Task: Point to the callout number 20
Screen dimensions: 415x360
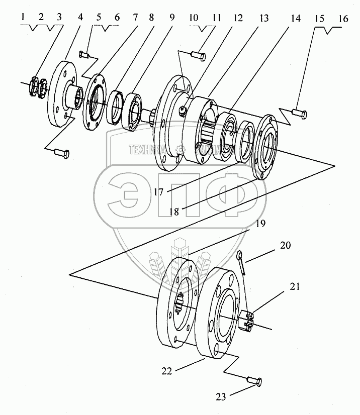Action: [x=285, y=246]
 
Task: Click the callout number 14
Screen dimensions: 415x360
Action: [x=295, y=19]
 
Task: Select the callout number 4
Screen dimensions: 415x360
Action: [x=81, y=19]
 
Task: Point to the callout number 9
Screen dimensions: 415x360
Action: [x=171, y=19]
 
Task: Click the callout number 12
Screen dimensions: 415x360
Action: [x=238, y=19]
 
